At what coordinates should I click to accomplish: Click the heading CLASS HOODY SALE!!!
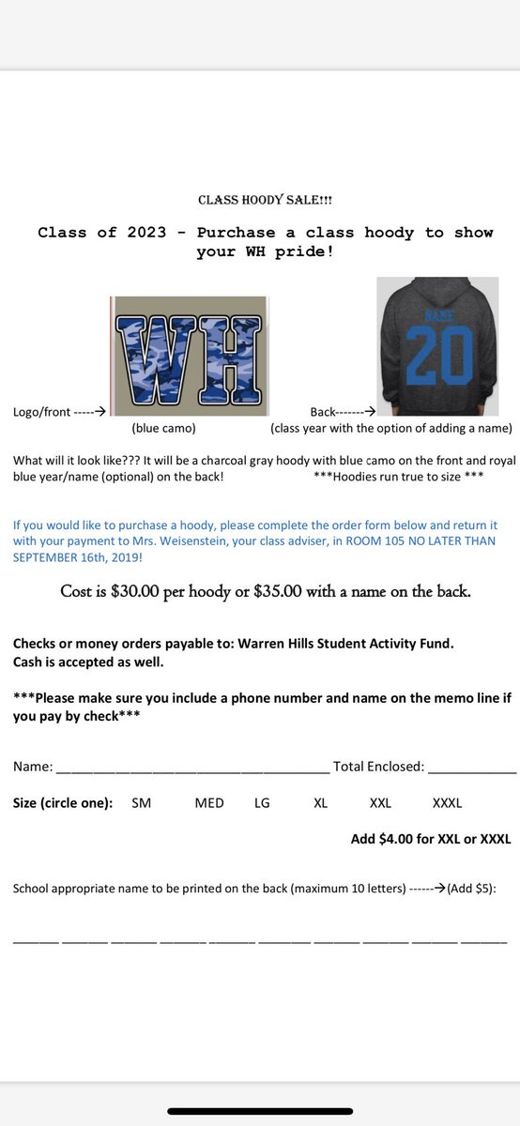pyautogui.click(x=265, y=200)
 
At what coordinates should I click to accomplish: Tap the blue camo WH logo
pyautogui.click(x=191, y=357)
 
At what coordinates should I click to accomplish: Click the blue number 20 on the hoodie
pyautogui.click(x=439, y=355)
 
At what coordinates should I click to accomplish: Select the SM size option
pyautogui.click(x=141, y=803)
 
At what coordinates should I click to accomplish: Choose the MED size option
pyautogui.click(x=209, y=803)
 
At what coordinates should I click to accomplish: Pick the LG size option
pyautogui.click(x=262, y=803)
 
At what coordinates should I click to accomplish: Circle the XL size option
pyautogui.click(x=321, y=803)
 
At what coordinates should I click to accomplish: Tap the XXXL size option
pyautogui.click(x=447, y=803)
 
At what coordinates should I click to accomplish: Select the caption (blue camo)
pyautogui.click(x=163, y=429)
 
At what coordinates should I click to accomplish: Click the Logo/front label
pyautogui.click(x=41, y=411)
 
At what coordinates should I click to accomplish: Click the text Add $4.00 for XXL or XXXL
pyautogui.click(x=431, y=839)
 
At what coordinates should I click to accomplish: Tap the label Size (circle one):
pyautogui.click(x=63, y=803)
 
